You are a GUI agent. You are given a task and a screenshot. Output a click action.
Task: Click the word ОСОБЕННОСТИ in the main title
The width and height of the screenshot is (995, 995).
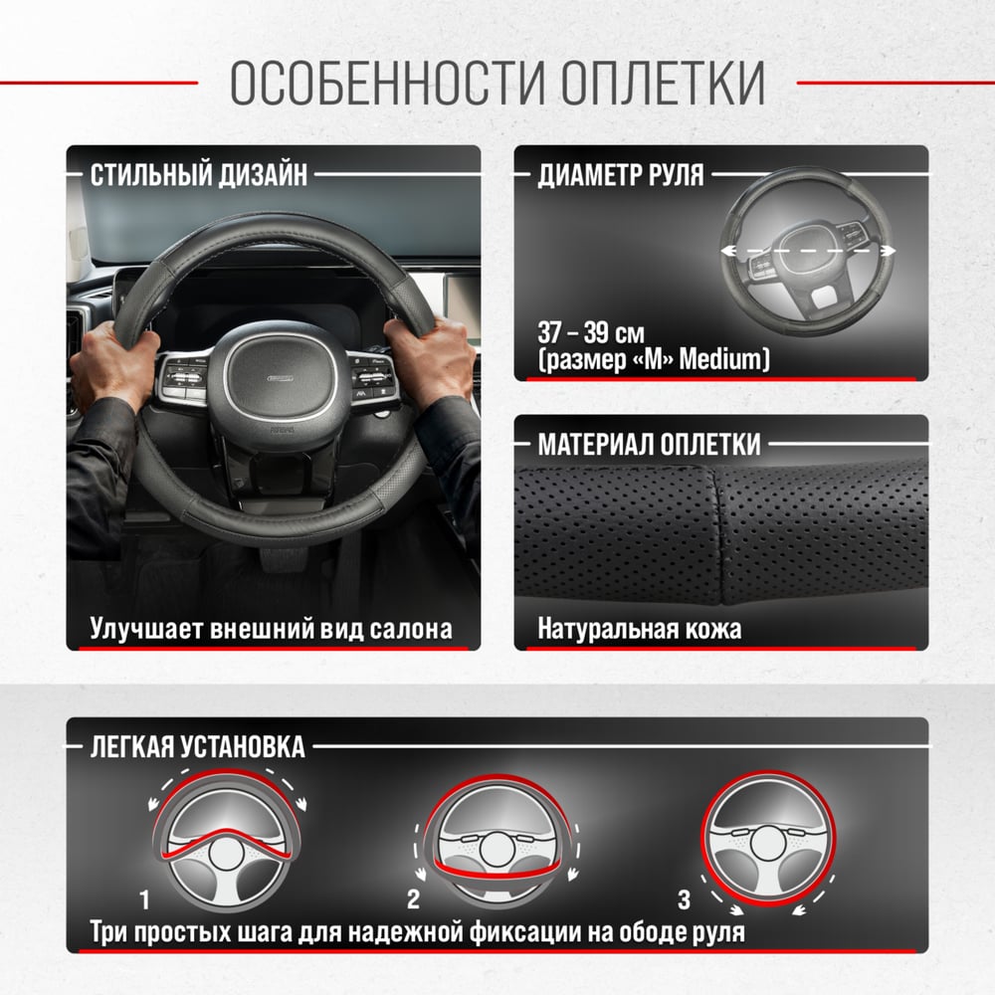click(x=387, y=83)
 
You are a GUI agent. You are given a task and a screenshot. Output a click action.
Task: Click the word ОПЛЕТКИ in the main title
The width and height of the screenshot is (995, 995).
click(x=663, y=83)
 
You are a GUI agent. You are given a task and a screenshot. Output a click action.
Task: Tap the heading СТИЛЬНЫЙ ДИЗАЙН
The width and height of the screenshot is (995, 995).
click(x=199, y=174)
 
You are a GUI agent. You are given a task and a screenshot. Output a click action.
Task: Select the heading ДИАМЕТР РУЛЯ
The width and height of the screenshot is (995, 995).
click(x=621, y=174)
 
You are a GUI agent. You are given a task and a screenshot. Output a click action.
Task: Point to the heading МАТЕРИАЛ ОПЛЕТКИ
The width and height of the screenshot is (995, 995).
click(x=649, y=444)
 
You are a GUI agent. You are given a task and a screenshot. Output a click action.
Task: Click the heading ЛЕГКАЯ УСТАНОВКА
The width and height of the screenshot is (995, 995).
click(x=197, y=747)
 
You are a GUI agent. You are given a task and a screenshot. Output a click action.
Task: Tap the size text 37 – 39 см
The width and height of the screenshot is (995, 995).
click(x=591, y=332)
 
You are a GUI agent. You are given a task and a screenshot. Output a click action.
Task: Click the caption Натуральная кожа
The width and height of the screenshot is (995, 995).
click(x=639, y=629)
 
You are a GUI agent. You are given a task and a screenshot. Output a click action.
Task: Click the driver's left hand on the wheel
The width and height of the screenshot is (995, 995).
click(x=114, y=367)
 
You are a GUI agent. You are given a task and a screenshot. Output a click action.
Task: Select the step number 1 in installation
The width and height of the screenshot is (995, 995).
click(x=144, y=899)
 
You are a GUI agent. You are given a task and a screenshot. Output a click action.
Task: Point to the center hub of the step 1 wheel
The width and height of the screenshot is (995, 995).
click(x=227, y=853)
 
